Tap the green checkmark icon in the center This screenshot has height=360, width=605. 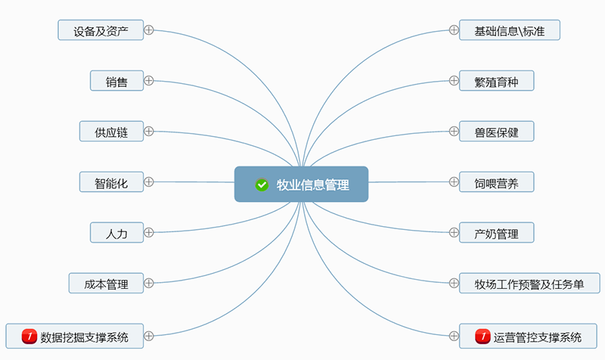point(262,185)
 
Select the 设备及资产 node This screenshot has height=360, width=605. point(101,30)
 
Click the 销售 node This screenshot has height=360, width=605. point(116,81)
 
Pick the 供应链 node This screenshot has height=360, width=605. point(111,132)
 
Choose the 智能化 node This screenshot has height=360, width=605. point(111,182)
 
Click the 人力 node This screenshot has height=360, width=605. point(116,233)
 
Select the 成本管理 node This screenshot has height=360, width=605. point(106,284)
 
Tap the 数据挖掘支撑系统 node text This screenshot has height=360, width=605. point(84,335)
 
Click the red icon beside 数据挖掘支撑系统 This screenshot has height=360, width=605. point(29,335)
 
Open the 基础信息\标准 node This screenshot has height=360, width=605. point(510,30)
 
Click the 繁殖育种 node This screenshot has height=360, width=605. point(497,81)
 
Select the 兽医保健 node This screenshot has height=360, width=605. point(497,132)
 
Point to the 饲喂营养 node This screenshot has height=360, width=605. point(497,182)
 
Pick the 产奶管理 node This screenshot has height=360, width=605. point(497,233)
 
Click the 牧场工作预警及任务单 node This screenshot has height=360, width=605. point(529,284)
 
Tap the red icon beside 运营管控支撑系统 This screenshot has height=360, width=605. point(482,335)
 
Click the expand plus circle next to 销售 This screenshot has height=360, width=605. point(149,80)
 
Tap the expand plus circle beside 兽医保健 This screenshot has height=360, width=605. point(454,131)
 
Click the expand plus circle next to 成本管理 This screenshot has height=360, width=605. point(149,284)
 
